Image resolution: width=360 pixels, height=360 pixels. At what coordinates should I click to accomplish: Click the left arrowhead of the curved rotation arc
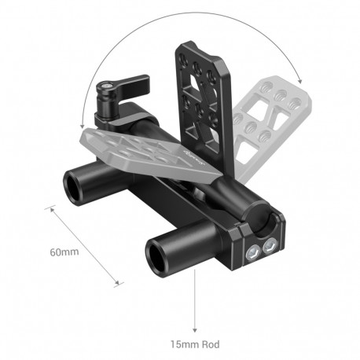pyautogui.click(x=83, y=127)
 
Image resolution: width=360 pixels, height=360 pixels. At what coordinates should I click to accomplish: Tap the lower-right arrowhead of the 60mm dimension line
pyautogui.click(x=119, y=284)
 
